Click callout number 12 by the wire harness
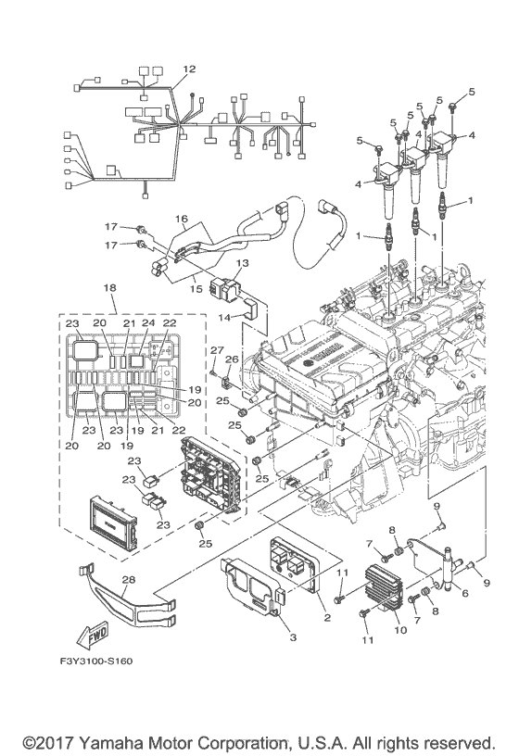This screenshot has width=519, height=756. [189, 69]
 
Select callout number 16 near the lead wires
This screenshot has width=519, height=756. [182, 220]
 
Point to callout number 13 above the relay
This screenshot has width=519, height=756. [242, 264]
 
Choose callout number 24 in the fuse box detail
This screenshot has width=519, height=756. [147, 322]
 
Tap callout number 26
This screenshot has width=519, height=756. [233, 359]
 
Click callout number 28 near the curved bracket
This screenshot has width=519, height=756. [128, 579]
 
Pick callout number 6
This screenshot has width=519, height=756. [464, 594]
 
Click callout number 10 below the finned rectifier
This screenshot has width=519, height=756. [401, 631]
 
